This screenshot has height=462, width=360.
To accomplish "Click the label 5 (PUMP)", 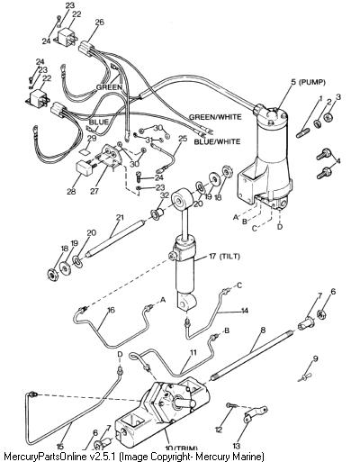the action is tap(308, 82).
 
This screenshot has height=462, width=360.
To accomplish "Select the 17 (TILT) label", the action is tap(224, 257).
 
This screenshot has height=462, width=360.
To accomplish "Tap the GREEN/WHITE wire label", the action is tap(215, 117).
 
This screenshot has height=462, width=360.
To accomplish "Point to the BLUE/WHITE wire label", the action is tap(217, 141).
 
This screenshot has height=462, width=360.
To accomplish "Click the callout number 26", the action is tap(99, 23).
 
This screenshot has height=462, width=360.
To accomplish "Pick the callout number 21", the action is tap(120, 217).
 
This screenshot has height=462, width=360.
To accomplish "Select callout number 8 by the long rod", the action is tap(263, 331).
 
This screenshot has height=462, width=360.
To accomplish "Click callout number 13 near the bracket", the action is tap(237, 447).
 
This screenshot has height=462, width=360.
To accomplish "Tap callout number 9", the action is tap(315, 358).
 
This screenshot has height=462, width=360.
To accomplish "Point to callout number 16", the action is tap(111, 310).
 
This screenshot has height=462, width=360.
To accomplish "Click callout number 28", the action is tap(71, 191).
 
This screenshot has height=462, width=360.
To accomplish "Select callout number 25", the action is tap(183, 139).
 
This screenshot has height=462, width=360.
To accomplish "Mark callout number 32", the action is tap(165, 195).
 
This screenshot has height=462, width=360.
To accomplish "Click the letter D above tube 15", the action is tap(120, 355).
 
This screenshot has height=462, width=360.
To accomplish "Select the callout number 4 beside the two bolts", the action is tap(338, 161).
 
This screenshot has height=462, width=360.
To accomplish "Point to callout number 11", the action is tap(193, 352).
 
